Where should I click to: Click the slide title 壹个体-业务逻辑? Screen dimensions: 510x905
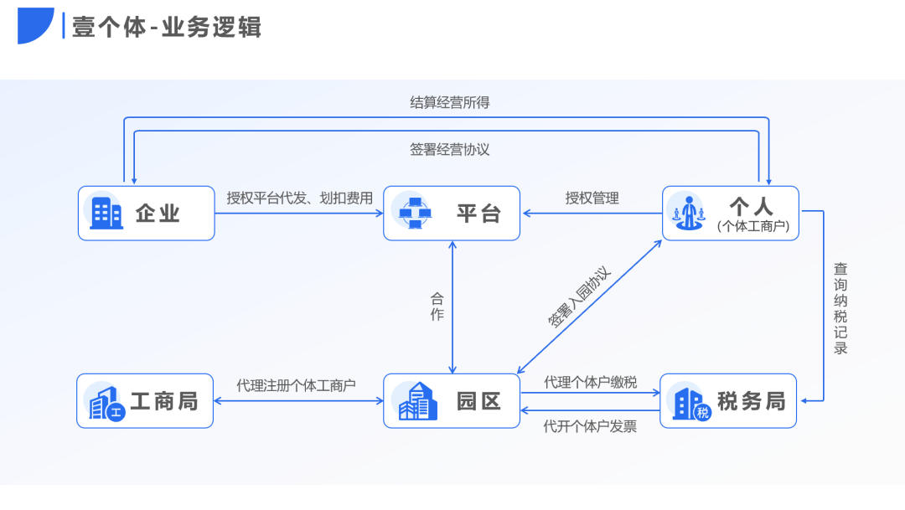pyautogui.click(x=167, y=27)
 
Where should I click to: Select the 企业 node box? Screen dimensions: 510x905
pyautogui.click(x=147, y=213)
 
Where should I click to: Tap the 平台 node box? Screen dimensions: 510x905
pyautogui.click(x=452, y=213)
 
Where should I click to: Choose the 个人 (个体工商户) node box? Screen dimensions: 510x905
pyautogui.click(x=731, y=213)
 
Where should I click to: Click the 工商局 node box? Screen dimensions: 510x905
pyautogui.click(x=145, y=400)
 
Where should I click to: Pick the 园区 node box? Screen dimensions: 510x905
pyautogui.click(x=452, y=400)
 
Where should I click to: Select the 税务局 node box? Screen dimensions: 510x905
pyautogui.click(x=728, y=401)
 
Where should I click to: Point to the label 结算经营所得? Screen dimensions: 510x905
pyautogui.click(x=449, y=102)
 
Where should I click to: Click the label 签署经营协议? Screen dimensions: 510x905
pyautogui.click(x=449, y=149)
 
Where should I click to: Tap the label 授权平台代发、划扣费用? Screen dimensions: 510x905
pyautogui.click(x=299, y=198)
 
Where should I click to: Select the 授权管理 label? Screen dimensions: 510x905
pyautogui.click(x=592, y=198)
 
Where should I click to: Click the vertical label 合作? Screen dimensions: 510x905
pyautogui.click(x=437, y=307)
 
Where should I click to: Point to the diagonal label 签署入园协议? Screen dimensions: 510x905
pyautogui.click(x=580, y=296)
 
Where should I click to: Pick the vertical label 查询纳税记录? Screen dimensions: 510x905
pyautogui.click(x=840, y=308)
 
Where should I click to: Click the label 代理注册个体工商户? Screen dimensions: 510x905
pyautogui.click(x=296, y=385)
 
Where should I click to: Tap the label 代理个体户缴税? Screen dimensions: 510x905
pyautogui.click(x=590, y=382)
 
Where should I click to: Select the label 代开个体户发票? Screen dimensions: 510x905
pyautogui.click(x=590, y=426)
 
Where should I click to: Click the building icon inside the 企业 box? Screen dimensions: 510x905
pyautogui.click(x=106, y=213)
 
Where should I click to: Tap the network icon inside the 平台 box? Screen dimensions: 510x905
pyautogui.click(x=414, y=213)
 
